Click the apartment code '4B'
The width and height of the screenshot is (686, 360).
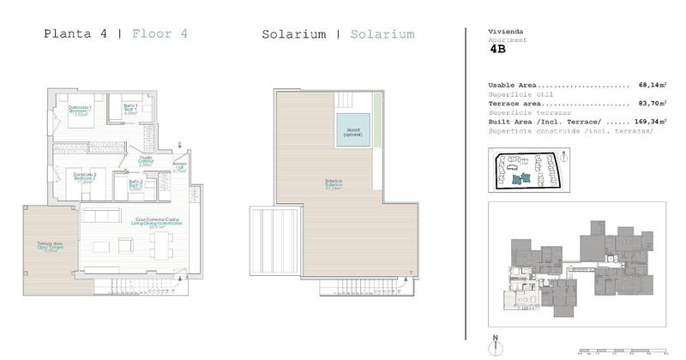click(x=498, y=50)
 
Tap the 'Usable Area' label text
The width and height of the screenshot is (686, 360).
click(x=514, y=86)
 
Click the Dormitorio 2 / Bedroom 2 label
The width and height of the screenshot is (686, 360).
click(x=84, y=177)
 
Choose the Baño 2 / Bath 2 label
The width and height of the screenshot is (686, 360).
click(x=135, y=185)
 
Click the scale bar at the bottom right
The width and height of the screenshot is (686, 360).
click(x=622, y=351)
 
